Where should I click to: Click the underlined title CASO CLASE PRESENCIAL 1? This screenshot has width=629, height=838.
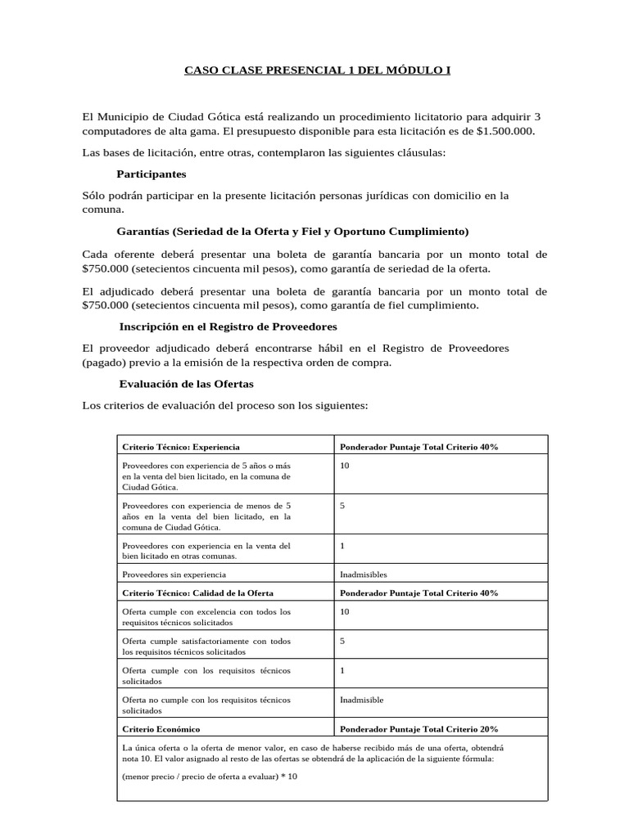pyautogui.click(x=316, y=70)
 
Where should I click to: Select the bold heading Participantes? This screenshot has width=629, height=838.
pyautogui.click(x=152, y=174)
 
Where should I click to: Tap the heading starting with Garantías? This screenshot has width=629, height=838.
pyautogui.click(x=292, y=231)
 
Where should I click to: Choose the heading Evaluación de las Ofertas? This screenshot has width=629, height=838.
pyautogui.click(x=186, y=383)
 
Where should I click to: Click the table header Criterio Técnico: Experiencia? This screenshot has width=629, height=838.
pyautogui.click(x=180, y=447)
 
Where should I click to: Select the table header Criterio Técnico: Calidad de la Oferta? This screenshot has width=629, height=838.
pyautogui.click(x=197, y=592)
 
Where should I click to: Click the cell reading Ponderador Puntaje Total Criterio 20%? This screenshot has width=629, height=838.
pyautogui.click(x=419, y=728)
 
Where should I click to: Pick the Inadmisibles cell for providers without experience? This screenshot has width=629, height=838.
pyautogui.click(x=363, y=574)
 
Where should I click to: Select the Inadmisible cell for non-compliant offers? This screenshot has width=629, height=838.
pyautogui.click(x=361, y=700)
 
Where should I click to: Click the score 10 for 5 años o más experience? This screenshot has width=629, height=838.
pyautogui.click(x=344, y=465)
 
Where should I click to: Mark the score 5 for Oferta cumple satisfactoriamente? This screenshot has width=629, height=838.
pyautogui.click(x=342, y=641)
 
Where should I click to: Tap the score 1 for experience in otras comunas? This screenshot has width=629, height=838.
pyautogui.click(x=342, y=545)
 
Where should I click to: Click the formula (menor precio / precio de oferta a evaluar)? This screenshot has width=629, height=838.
pyautogui.click(x=209, y=776)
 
